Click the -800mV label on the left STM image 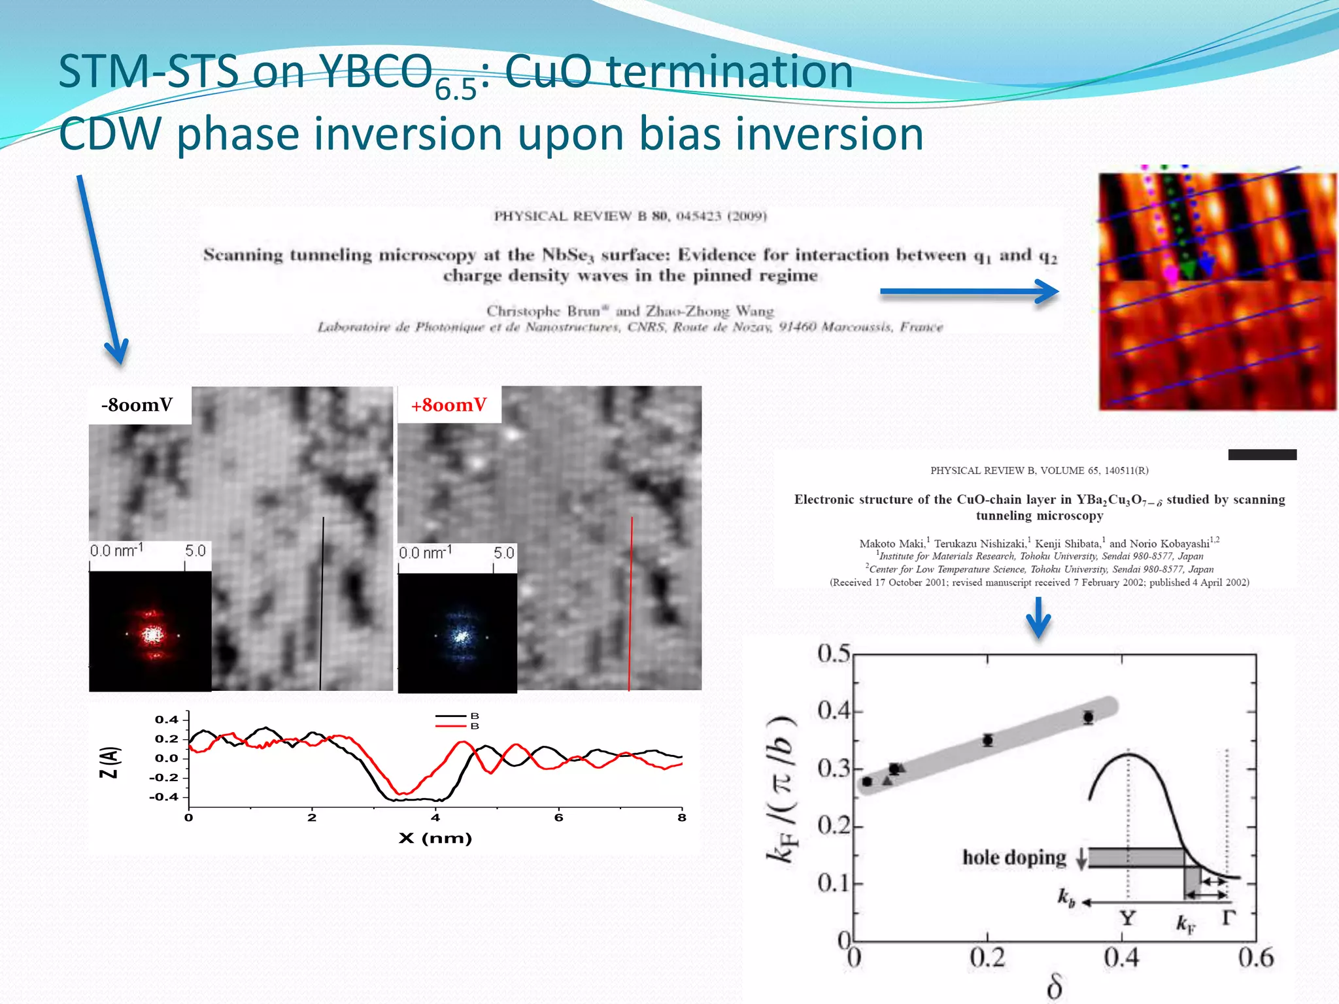(x=137, y=405)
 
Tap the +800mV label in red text (x=449, y=405)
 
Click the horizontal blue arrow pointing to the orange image (x=968, y=292)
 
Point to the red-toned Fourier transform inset (x=150, y=631)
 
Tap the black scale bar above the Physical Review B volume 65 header (x=1262, y=455)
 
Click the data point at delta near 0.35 (x=1088, y=717)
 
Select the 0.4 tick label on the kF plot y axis (x=833, y=711)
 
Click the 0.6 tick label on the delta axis (x=1255, y=958)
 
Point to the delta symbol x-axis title (x=1054, y=986)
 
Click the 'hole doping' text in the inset (x=1013, y=857)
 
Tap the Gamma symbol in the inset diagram (x=1228, y=917)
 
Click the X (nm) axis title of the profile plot (x=435, y=838)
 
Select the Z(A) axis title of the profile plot (x=109, y=762)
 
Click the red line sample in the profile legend (x=450, y=726)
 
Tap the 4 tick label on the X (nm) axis (x=435, y=818)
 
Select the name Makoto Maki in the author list (x=892, y=543)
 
